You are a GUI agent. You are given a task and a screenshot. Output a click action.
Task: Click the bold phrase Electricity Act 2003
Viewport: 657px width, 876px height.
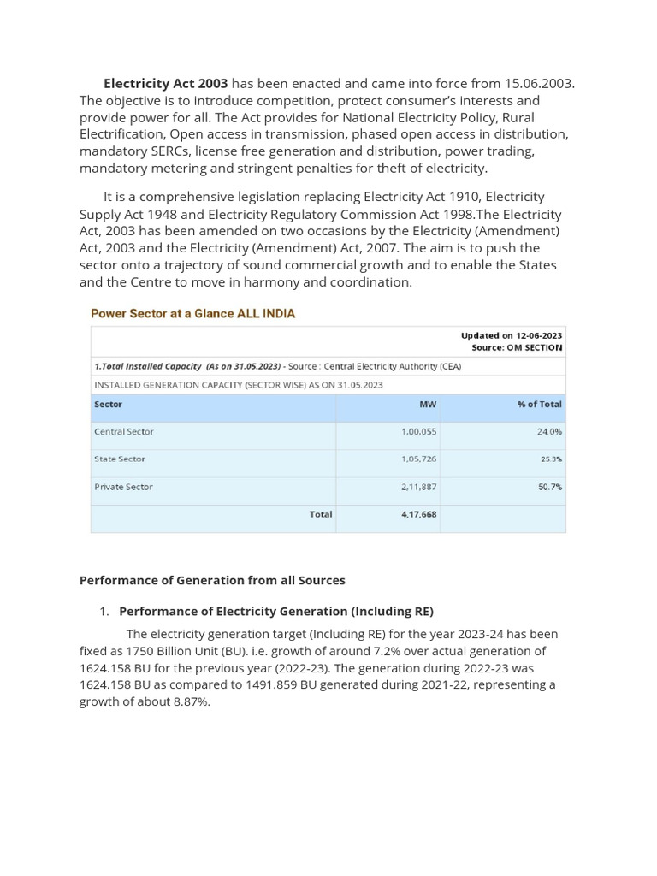pos(165,84)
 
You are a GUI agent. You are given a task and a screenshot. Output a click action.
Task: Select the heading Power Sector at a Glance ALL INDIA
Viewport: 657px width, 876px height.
pos(192,314)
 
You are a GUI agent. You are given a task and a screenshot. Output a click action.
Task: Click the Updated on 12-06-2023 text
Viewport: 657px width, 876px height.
pos(511,335)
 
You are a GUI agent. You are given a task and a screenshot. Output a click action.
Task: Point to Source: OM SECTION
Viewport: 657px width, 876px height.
pos(517,348)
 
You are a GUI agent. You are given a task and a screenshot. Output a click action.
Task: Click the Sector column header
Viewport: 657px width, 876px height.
pos(108,404)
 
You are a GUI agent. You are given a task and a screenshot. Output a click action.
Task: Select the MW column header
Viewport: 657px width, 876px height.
pos(427,404)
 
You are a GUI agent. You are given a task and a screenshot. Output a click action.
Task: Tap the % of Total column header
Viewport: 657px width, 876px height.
pos(539,404)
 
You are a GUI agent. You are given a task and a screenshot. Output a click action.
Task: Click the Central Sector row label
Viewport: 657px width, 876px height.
pos(123,432)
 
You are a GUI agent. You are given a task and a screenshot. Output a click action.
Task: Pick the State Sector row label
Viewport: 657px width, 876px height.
pos(120,459)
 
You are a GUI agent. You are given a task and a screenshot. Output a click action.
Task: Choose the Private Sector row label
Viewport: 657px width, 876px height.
pos(123,487)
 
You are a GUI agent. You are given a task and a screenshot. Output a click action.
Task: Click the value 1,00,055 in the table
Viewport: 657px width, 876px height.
pos(418,432)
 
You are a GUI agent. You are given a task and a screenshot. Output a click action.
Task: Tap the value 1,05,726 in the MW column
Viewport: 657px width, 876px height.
pos(418,459)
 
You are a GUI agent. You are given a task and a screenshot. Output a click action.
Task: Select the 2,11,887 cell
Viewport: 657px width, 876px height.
pos(418,487)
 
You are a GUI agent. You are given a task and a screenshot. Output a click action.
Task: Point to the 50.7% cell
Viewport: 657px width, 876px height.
pos(550,487)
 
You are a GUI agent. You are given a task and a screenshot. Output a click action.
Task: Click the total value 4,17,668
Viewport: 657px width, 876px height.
pos(418,515)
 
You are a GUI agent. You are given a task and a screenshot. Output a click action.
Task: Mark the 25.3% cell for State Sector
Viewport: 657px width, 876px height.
pos(551,459)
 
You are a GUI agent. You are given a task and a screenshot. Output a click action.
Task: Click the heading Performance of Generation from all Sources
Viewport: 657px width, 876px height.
pos(212,580)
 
